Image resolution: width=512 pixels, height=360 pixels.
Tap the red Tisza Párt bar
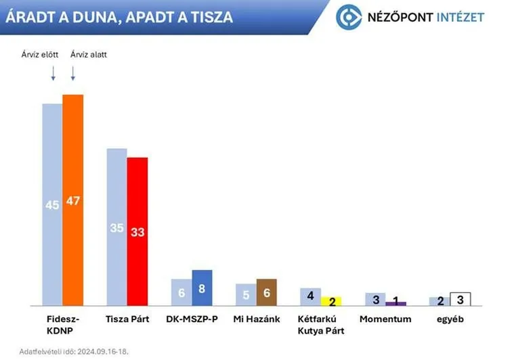(137, 231)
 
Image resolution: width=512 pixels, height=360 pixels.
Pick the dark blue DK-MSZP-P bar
(202, 288)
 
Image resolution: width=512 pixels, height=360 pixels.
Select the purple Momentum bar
(396, 303)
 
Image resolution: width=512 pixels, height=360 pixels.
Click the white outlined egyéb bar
(460, 298)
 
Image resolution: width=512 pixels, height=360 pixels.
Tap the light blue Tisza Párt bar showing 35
(116, 227)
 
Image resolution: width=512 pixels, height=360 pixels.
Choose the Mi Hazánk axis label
(256, 319)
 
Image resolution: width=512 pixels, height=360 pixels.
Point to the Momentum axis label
(385, 319)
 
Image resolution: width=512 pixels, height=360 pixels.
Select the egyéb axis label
(449, 319)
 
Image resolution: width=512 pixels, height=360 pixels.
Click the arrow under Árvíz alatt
(72, 73)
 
